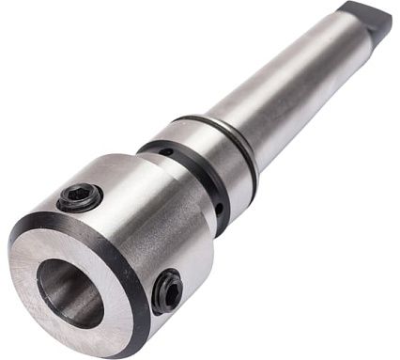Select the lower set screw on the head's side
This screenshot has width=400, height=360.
pos(168,291)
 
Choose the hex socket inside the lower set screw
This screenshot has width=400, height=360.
pos(168,292)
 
